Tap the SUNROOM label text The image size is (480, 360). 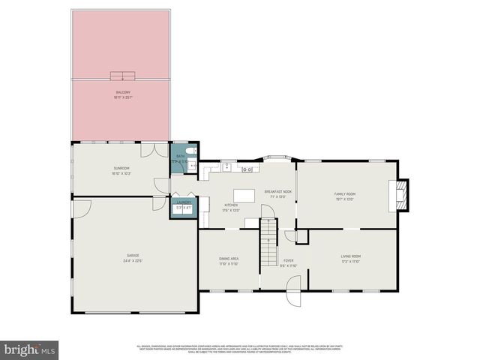pyautogui.click(x=121, y=169)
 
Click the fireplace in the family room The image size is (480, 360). pyautogui.click(x=402, y=193)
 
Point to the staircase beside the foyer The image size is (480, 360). pyautogui.click(x=268, y=241)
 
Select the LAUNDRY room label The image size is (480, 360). pyautogui.click(x=184, y=204)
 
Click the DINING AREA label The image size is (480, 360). pyautogui.click(x=229, y=259)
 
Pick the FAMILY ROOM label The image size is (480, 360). pyautogui.click(x=344, y=195)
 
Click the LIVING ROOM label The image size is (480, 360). pyautogui.click(x=351, y=259)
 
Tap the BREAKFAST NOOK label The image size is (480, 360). pyautogui.click(x=277, y=193)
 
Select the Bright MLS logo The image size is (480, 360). pyautogui.click(x=30, y=349)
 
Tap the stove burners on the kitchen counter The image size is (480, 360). pyautogui.click(x=246, y=169)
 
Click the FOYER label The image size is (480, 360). pyautogui.click(x=289, y=262)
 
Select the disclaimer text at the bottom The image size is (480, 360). pyautogui.click(x=240, y=349)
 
